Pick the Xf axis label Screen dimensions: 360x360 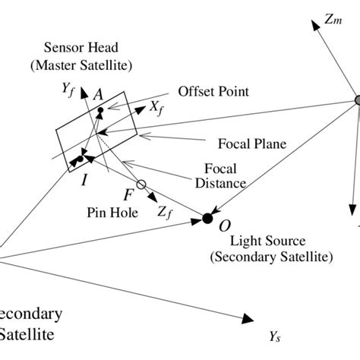tap(157, 109)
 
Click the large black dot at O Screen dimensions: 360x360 tap(207, 219)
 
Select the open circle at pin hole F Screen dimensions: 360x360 tap(140, 185)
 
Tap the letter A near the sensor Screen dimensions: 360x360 tap(97, 95)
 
